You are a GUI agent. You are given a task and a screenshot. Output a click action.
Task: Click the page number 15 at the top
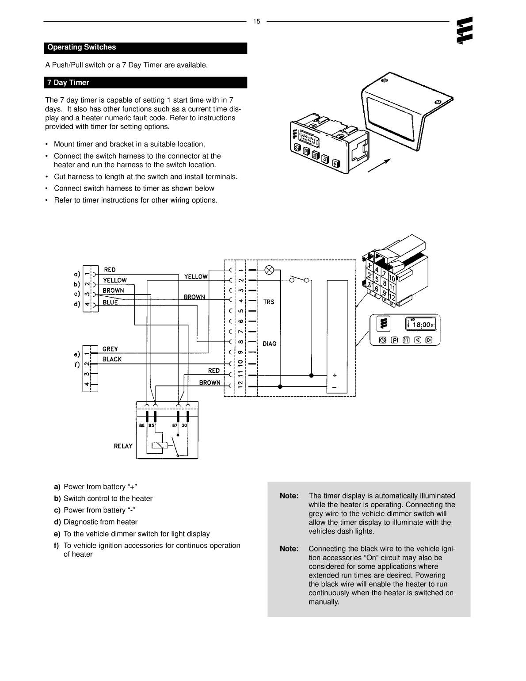pos(257,21)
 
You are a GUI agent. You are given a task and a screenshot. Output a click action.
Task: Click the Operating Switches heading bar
pos(145,48)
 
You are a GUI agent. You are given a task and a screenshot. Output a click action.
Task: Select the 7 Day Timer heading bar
pos(145,83)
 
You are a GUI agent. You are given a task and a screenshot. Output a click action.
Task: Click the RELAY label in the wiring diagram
pos(123,446)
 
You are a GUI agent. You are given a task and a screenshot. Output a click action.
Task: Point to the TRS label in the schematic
pos(269,302)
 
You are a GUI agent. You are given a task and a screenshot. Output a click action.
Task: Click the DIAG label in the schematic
pos(269,344)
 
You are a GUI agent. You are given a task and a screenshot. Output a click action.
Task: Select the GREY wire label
pos(110,349)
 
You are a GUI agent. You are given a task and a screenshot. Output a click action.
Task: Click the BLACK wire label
pos(112,360)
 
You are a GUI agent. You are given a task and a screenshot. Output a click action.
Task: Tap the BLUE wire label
pos(110,302)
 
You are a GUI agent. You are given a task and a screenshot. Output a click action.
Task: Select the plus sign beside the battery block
pos(334,375)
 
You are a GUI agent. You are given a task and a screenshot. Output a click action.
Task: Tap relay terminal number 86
pos(142,425)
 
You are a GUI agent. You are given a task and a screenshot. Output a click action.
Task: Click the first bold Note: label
pos(289,496)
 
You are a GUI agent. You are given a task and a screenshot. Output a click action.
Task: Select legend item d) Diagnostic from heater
pos(96,522)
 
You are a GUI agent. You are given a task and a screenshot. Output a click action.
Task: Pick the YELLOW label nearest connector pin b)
pos(115,280)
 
